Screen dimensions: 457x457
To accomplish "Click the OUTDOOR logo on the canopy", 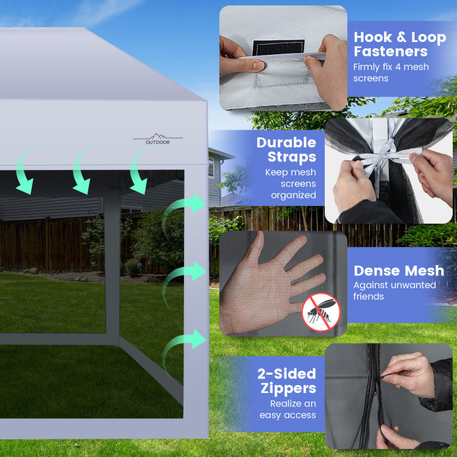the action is (158, 139).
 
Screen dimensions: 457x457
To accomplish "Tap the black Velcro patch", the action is (278, 47).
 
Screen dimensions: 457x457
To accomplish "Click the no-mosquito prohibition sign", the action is (321, 312).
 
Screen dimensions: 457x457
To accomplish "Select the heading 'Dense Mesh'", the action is (399, 271).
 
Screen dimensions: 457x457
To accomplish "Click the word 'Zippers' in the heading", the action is (288, 389).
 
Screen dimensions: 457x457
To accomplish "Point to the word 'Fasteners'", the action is (391, 52).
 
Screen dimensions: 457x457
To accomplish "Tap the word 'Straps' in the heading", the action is (292, 157).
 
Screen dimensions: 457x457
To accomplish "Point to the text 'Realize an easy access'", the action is (288, 409).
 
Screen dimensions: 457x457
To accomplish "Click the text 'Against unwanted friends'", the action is (395, 291).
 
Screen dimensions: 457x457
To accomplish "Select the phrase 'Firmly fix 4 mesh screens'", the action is (391, 73).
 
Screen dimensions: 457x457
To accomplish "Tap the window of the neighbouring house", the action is (211, 166).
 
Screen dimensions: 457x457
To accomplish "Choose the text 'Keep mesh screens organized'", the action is (291, 183).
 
